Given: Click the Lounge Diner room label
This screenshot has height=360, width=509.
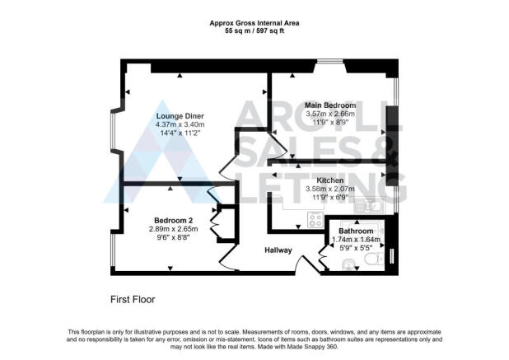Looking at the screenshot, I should pos(180,115).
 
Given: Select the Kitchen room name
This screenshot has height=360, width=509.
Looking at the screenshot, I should pos(329,180).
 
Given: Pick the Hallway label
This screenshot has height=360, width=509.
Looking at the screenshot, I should pos(279,250).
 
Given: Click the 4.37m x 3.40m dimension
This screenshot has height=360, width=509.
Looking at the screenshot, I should pos(180,124).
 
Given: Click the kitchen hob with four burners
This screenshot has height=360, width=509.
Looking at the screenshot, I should pos(315,219).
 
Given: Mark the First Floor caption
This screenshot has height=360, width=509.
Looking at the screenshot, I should pos(133,300).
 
